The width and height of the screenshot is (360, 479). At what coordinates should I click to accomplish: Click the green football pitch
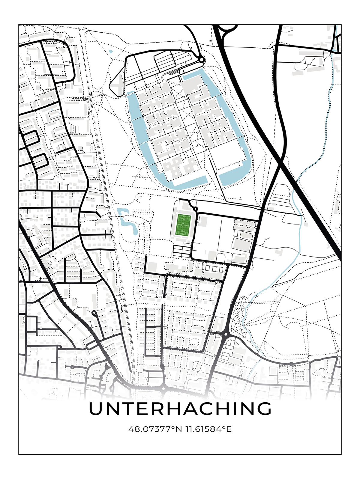[x=183, y=225]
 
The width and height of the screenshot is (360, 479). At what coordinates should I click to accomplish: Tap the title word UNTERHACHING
[x=180, y=409]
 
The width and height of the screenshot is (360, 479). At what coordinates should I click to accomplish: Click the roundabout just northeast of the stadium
[x=195, y=209]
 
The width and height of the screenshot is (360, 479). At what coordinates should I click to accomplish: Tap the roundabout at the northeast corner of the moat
[x=202, y=60]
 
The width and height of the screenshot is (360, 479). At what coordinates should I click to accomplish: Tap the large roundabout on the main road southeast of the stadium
[x=226, y=334]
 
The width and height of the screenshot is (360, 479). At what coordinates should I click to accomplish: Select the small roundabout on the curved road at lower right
[x=291, y=364]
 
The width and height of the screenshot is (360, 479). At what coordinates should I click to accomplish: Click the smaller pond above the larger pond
[x=121, y=212]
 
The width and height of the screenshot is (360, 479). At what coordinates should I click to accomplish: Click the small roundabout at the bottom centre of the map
[x=163, y=388]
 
